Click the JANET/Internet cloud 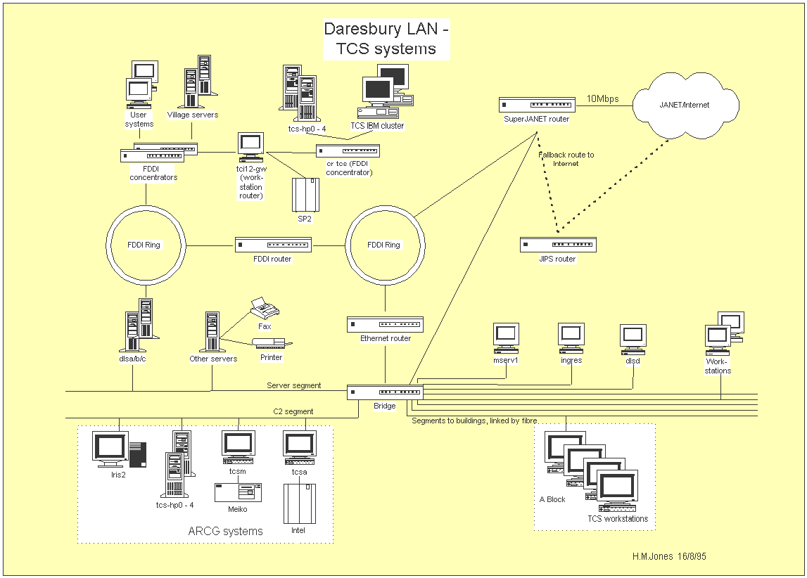pyautogui.click(x=685, y=105)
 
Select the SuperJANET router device pyautogui.click(x=537, y=104)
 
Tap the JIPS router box pyautogui.click(x=558, y=244)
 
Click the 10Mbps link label pyautogui.click(x=603, y=98)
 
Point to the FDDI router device pyautogui.click(x=273, y=245)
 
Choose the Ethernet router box pyautogui.click(x=385, y=324)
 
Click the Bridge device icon pyautogui.click(x=385, y=392)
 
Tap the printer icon pyautogui.click(x=272, y=343)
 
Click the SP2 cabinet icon pyautogui.click(x=306, y=195)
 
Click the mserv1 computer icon pyautogui.click(x=506, y=338)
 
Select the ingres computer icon pyautogui.click(x=571, y=338)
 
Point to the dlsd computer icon pyautogui.click(x=633, y=340)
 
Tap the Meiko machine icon pyautogui.click(x=239, y=492)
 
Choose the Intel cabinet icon pyautogui.click(x=300, y=503)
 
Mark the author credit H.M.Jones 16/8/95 pyautogui.click(x=669, y=556)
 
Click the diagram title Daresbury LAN pyautogui.click(x=386, y=29)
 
